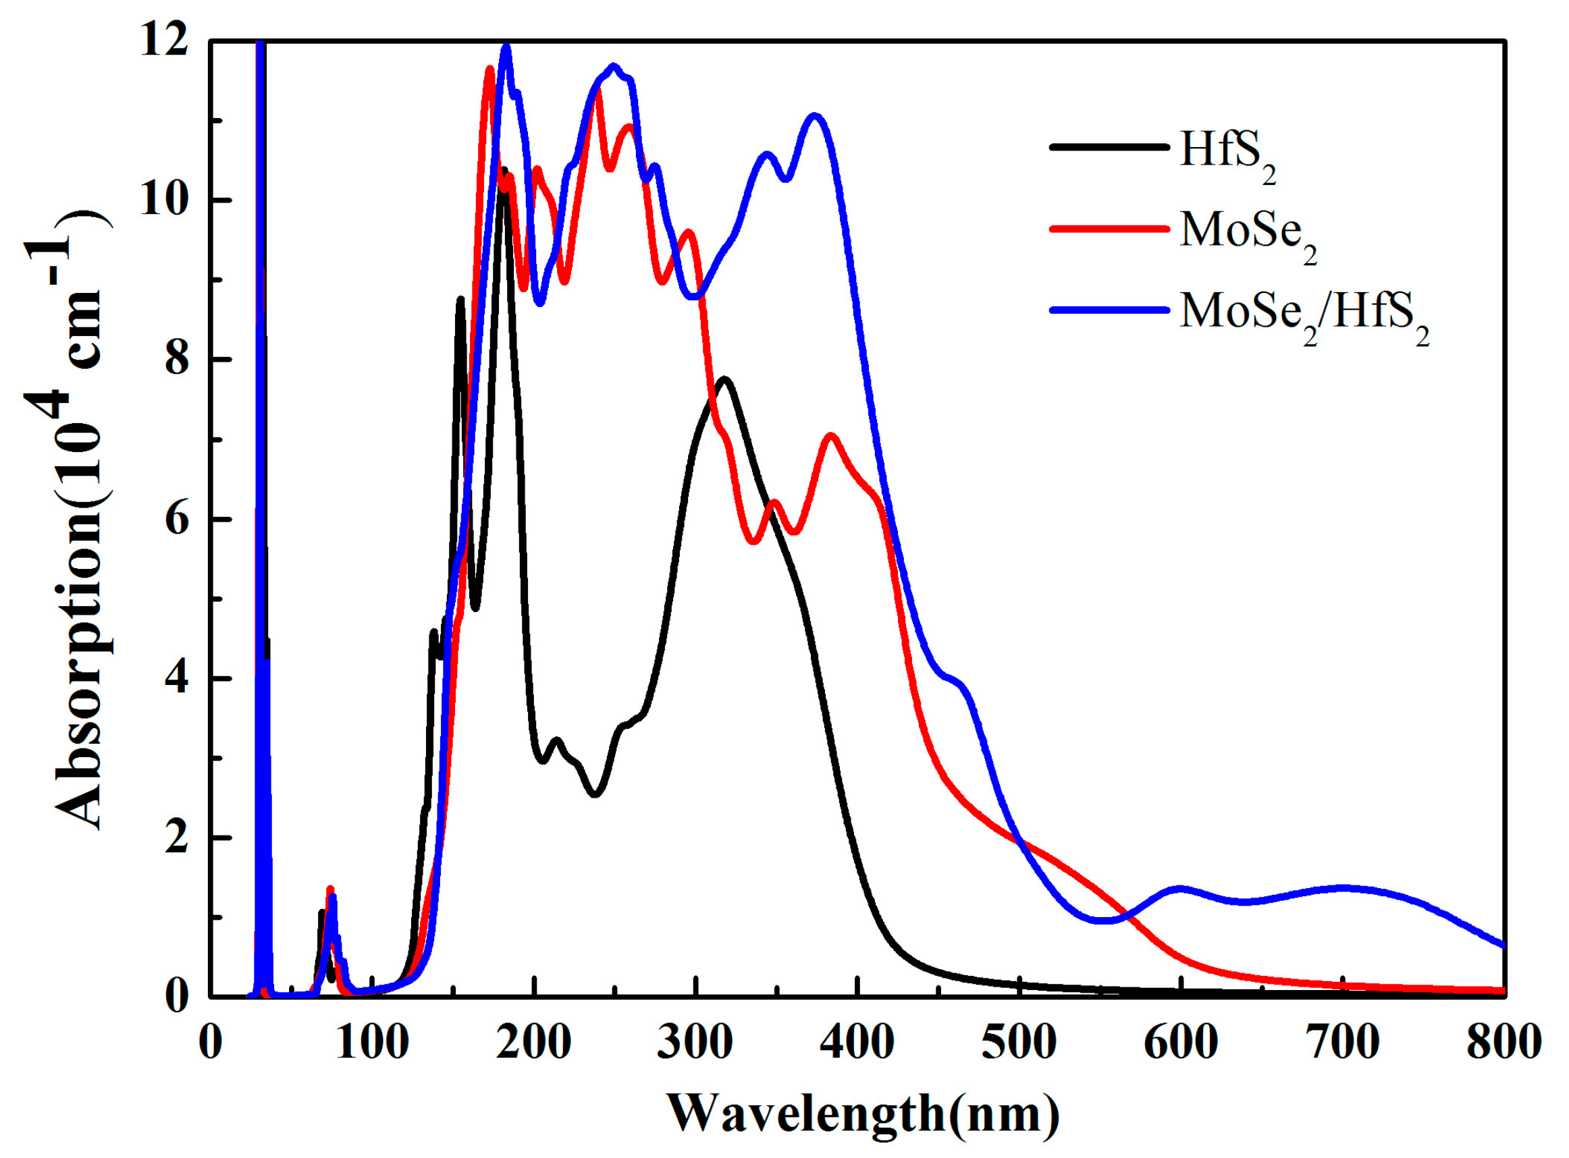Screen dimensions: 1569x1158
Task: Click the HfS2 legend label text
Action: click(x=1226, y=153)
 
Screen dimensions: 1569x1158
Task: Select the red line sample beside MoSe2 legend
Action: click(x=1109, y=229)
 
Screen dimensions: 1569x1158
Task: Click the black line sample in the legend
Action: click(x=1109, y=147)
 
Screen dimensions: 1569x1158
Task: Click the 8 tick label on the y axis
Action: click(x=177, y=360)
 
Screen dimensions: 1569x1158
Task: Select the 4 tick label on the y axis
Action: click(x=177, y=679)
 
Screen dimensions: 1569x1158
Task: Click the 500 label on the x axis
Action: click(x=1019, y=1043)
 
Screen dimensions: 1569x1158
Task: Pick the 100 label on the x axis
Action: click(x=371, y=1043)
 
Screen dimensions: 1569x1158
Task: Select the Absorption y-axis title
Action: click(x=78, y=519)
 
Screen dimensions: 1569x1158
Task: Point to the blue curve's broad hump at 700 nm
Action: click(x=1343, y=888)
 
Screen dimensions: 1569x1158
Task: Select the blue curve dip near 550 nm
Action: click(x=1102, y=921)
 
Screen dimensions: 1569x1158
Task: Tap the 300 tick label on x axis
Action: click(x=695, y=1043)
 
